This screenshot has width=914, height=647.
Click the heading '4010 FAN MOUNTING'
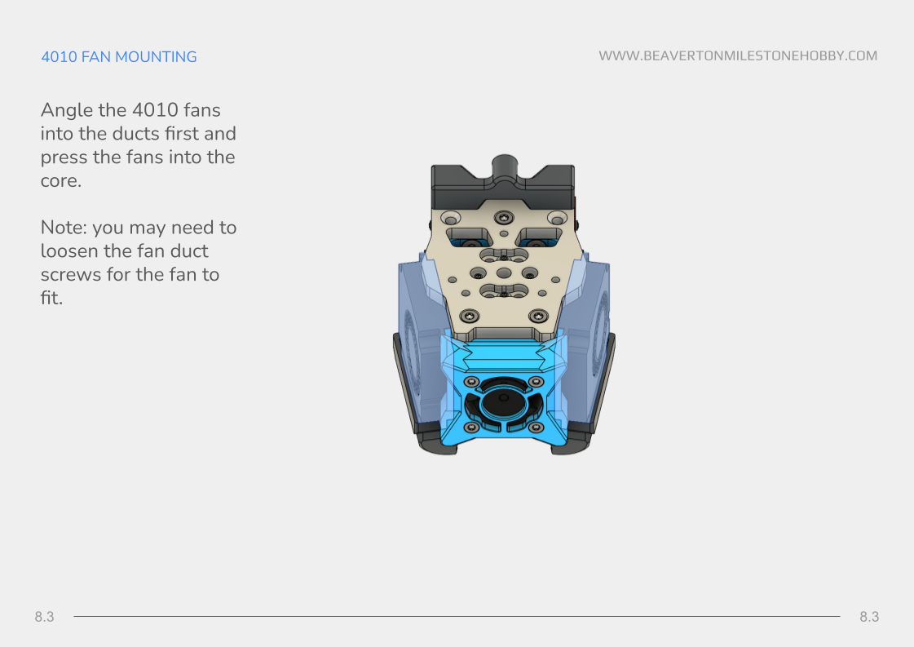[x=119, y=56]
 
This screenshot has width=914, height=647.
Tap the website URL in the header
[x=738, y=56]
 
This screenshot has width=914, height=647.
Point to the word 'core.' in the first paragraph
[x=60, y=181]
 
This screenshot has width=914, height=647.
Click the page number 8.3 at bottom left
[x=44, y=617]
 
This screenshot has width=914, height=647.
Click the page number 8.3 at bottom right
[x=869, y=617]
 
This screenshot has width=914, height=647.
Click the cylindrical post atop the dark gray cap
[x=505, y=167]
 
